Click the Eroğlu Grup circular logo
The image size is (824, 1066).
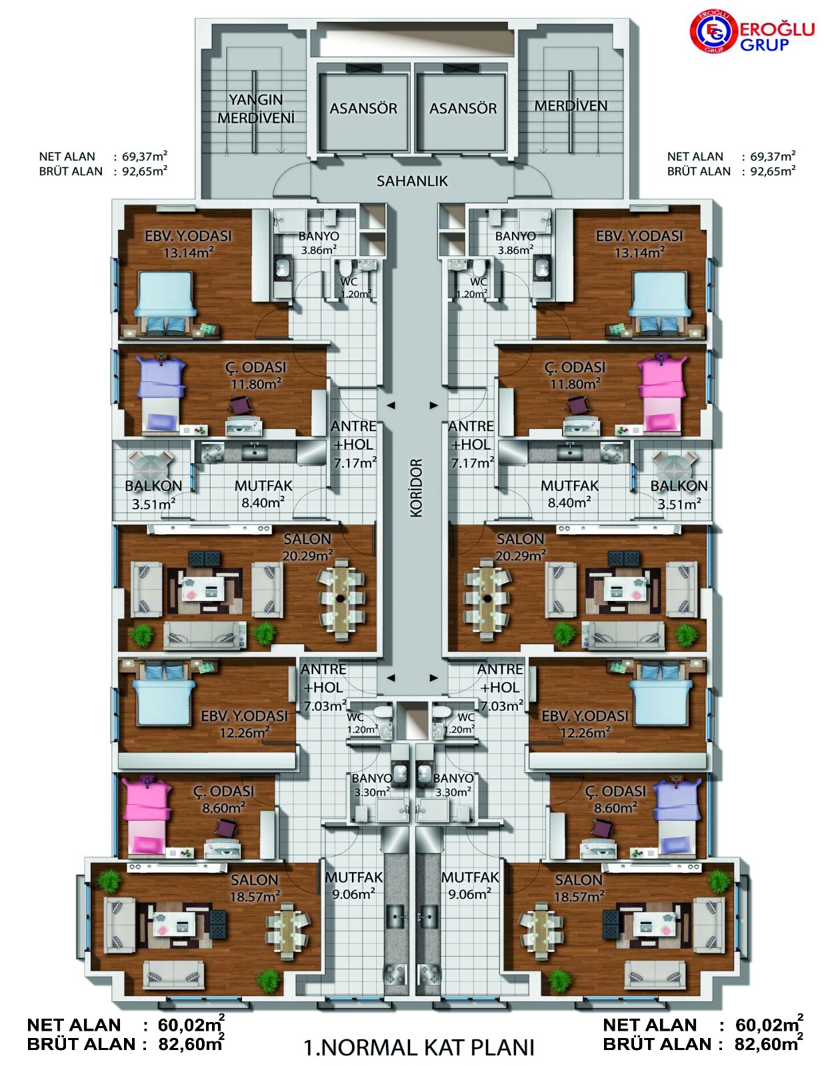[713, 32]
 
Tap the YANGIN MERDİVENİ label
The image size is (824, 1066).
[256, 109]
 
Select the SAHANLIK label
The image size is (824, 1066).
[412, 181]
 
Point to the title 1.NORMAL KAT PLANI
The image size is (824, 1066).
[419, 1047]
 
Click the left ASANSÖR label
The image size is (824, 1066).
[363, 109]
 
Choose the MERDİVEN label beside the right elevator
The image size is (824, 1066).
[571, 105]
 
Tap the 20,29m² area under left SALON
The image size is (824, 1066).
[308, 556]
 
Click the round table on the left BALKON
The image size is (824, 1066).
[151, 466]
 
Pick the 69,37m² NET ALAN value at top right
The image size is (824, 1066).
[773, 156]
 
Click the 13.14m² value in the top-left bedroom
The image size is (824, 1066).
[189, 253]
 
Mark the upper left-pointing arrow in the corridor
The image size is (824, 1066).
[391, 405]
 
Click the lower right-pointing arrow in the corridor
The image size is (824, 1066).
[434, 678]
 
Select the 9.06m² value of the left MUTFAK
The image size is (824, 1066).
[353, 894]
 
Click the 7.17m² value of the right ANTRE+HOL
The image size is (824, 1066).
[473, 462]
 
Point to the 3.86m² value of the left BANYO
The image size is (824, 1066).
[319, 250]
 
